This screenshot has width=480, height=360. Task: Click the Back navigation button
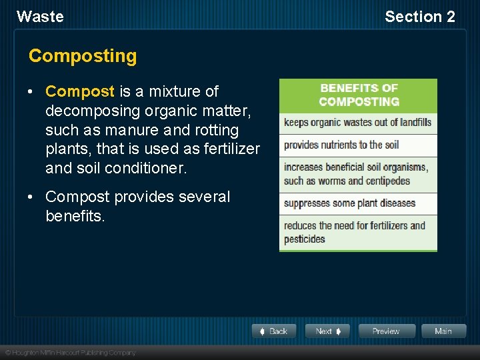pos(274,331)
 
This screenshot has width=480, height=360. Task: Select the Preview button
pos(387,331)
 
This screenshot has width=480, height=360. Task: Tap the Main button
pos(443,331)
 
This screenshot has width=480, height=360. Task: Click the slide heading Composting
pos(83,56)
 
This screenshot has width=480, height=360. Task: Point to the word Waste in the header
pos(40,17)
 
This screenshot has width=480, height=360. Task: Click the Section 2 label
pos(419,17)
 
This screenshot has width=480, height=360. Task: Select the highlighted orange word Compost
pos(80,91)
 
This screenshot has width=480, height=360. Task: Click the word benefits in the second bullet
pos(75,216)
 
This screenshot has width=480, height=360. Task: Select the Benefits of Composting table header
pos(359,95)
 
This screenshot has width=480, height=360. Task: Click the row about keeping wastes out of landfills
pos(358,123)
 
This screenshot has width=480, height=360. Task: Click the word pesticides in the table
pos(305,239)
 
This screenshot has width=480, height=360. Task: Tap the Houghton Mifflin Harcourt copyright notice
pos(70,352)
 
